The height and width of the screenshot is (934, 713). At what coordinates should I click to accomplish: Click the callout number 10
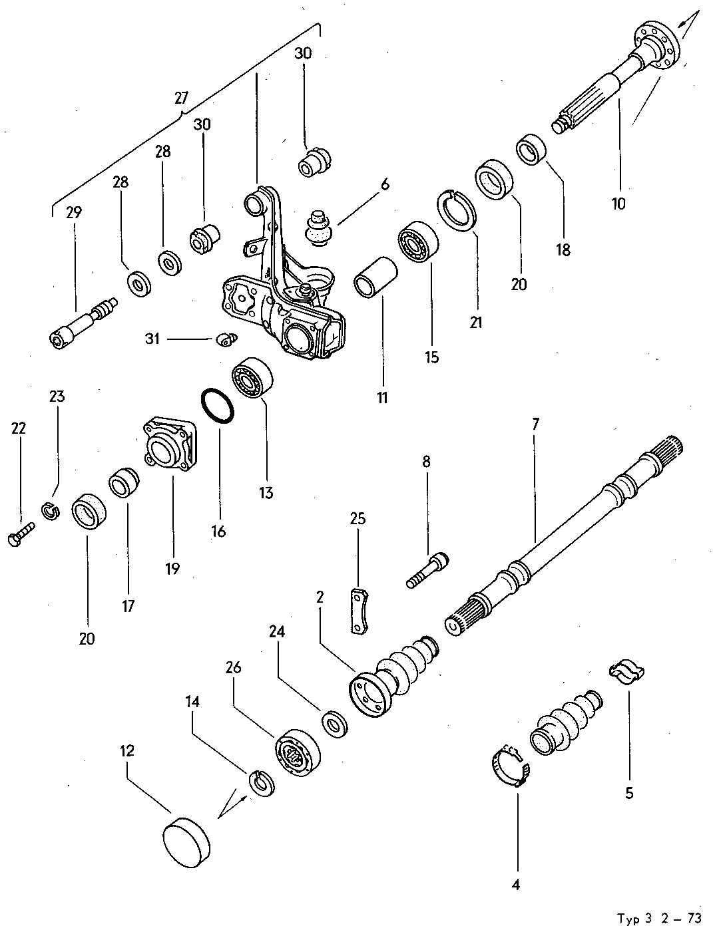click(x=618, y=204)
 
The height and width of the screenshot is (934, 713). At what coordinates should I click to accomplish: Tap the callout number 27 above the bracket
click(x=181, y=98)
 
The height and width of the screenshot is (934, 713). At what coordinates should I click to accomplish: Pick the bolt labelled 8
click(x=427, y=571)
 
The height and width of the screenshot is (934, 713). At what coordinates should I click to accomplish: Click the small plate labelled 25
click(x=358, y=610)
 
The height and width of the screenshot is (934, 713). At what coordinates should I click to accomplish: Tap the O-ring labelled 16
click(x=218, y=405)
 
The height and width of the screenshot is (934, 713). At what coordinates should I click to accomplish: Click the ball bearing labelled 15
click(x=418, y=245)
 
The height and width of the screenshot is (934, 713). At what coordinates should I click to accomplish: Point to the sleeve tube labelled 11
click(x=375, y=277)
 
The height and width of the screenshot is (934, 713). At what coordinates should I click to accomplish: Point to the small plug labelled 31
click(x=228, y=340)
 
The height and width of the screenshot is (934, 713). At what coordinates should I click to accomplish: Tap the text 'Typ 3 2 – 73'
click(x=658, y=919)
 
